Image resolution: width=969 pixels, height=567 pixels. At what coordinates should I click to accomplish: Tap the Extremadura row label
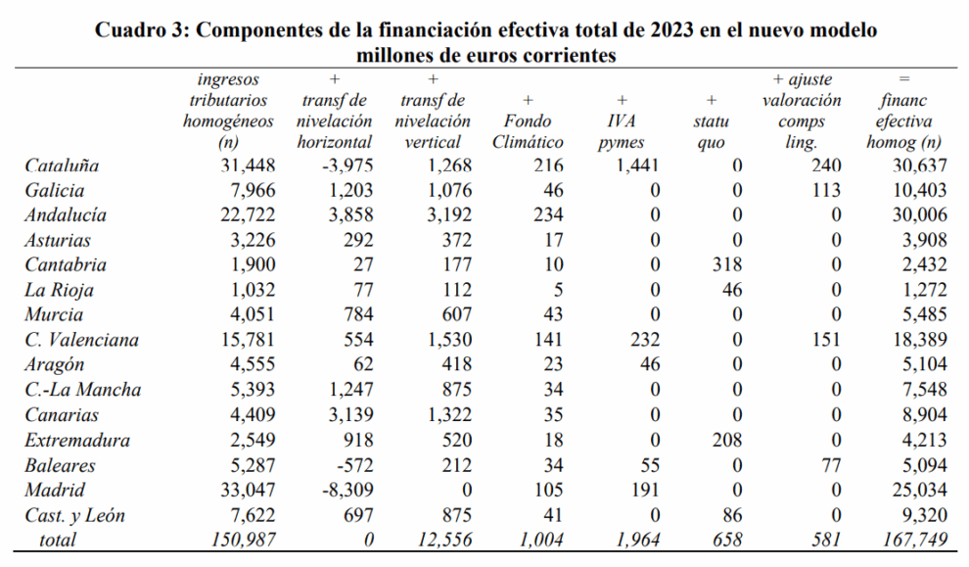74,441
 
